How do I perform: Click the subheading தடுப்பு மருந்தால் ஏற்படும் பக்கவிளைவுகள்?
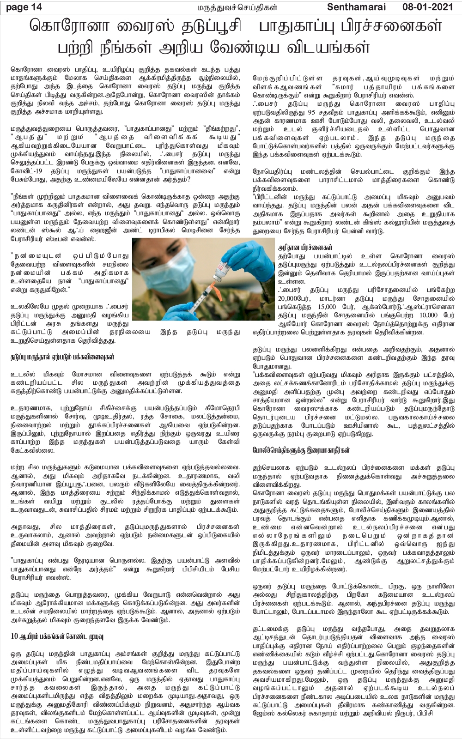[62, 357]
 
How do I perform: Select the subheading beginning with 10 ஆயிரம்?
[56, 636]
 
